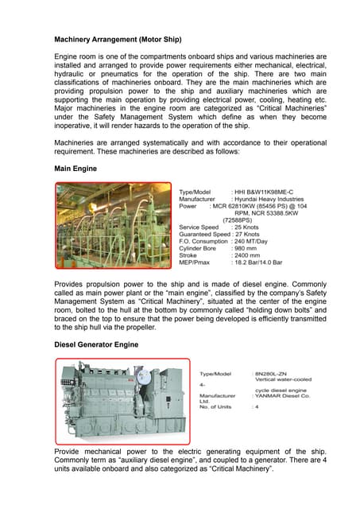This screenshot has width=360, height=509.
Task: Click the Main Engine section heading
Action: click(75, 169)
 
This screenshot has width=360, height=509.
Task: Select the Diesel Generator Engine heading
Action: click(96, 344)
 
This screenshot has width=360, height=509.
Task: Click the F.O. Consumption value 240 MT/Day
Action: click(255, 243)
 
